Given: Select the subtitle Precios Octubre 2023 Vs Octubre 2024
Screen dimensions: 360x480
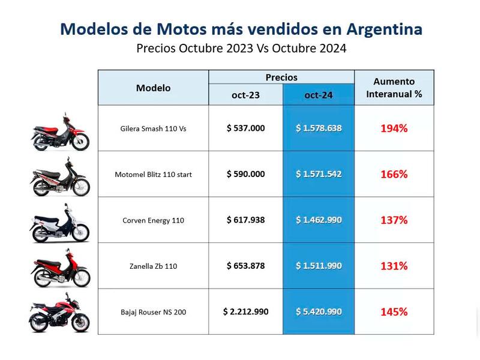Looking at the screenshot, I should point(241,49).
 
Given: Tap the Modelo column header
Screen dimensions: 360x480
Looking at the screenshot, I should point(153,88).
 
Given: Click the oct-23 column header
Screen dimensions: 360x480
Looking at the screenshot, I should point(245,95).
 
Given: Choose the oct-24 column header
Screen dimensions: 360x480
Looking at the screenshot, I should point(319,95).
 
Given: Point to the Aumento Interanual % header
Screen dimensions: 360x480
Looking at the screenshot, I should point(394,88).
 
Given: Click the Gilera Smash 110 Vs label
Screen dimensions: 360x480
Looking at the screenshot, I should point(153,128).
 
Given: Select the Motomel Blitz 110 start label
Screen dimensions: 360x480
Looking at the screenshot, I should point(153,175).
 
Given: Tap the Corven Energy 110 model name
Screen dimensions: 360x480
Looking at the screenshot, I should point(153,220).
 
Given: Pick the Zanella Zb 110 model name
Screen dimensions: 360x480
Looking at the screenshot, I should point(153,266).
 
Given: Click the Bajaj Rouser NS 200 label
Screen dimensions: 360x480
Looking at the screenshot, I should point(153,312).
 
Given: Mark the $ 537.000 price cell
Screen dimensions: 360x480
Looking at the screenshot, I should point(245,128).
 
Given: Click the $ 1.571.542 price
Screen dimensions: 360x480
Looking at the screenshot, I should point(319,174).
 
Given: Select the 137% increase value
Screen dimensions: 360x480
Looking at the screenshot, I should point(394,220).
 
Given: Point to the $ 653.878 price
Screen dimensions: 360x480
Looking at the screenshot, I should point(245,265).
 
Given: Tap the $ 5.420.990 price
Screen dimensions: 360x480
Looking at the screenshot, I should point(319,311).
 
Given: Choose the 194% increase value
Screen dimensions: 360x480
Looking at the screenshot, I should point(394,128).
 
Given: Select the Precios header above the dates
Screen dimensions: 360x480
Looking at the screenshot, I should point(281,77).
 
